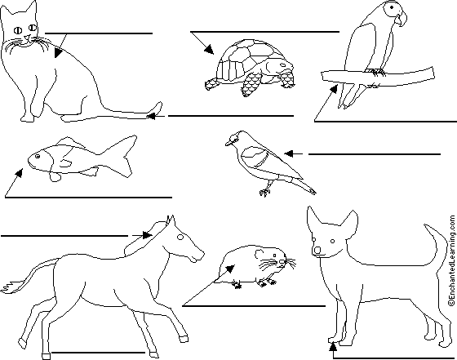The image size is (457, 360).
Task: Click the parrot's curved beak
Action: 399,17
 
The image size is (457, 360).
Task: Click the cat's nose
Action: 23,40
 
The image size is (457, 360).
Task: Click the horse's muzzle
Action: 198,256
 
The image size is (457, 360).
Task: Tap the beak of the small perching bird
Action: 228,142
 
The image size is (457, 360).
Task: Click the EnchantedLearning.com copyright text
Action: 449,261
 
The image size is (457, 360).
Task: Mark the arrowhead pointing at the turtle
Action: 209,54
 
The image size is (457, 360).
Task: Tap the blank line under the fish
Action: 90,197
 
